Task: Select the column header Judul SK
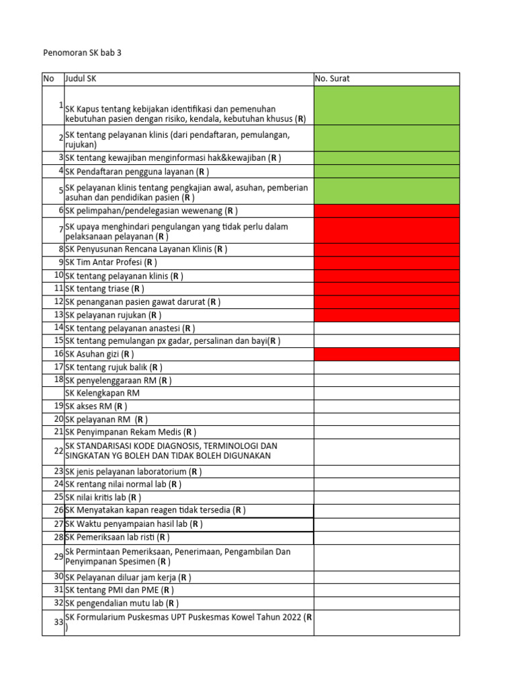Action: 81,79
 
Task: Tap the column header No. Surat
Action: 332,79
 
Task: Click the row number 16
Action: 58,353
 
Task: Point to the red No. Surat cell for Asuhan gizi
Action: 386,354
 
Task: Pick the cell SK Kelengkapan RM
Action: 102,393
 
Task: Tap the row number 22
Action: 58,450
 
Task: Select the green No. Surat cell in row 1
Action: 386,105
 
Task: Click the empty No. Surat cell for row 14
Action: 386,328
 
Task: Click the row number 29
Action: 58,556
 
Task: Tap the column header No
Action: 48,79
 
